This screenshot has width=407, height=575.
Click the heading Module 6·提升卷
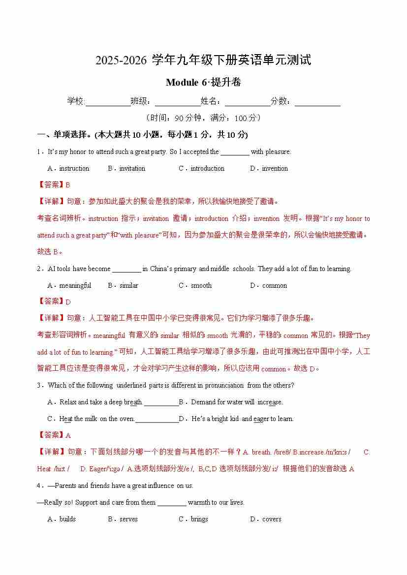203,83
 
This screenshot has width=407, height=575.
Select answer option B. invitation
126,168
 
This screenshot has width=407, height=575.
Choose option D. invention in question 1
269,168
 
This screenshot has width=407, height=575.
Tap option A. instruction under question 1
68,168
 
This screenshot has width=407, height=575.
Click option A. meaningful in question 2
69,285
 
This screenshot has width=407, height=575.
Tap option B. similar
123,285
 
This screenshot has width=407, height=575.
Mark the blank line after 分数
317,102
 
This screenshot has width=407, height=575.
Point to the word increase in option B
270,402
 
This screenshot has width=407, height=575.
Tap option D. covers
266,519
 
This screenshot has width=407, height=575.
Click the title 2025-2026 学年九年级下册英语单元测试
203,61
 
